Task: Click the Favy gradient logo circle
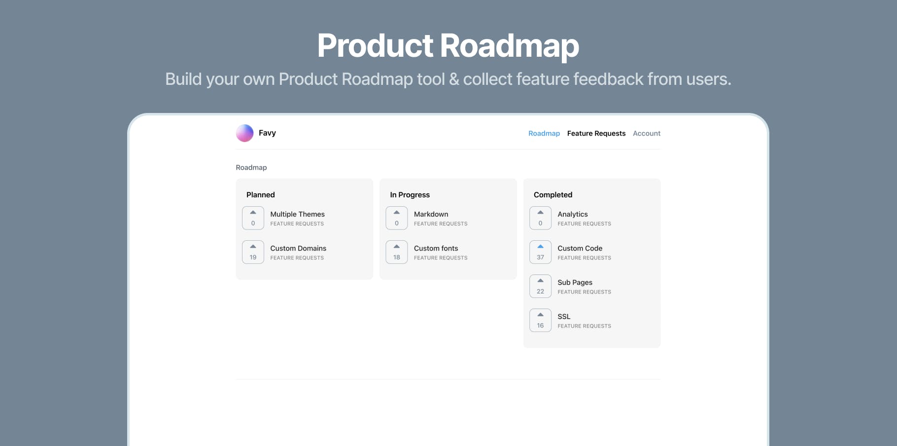pyautogui.click(x=244, y=133)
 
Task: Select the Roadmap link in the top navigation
pyautogui.click(x=544, y=133)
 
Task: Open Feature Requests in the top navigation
pyautogui.click(x=596, y=133)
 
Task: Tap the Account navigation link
pyautogui.click(x=647, y=133)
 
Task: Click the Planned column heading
pyautogui.click(x=261, y=195)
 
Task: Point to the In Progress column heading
pyautogui.click(x=410, y=195)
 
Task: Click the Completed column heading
pyautogui.click(x=553, y=195)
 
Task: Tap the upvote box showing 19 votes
pyautogui.click(x=253, y=252)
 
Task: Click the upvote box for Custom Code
pyautogui.click(x=541, y=252)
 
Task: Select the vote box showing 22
pyautogui.click(x=541, y=286)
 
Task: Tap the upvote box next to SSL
pyautogui.click(x=541, y=320)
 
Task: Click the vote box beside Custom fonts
pyautogui.click(x=397, y=252)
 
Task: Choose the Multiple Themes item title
pyautogui.click(x=298, y=214)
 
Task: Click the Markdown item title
pyautogui.click(x=431, y=214)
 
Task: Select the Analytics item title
pyautogui.click(x=573, y=214)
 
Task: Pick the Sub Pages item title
pyautogui.click(x=575, y=282)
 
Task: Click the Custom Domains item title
pyautogui.click(x=298, y=248)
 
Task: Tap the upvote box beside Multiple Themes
pyautogui.click(x=253, y=218)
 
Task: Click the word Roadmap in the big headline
pyautogui.click(x=510, y=46)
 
